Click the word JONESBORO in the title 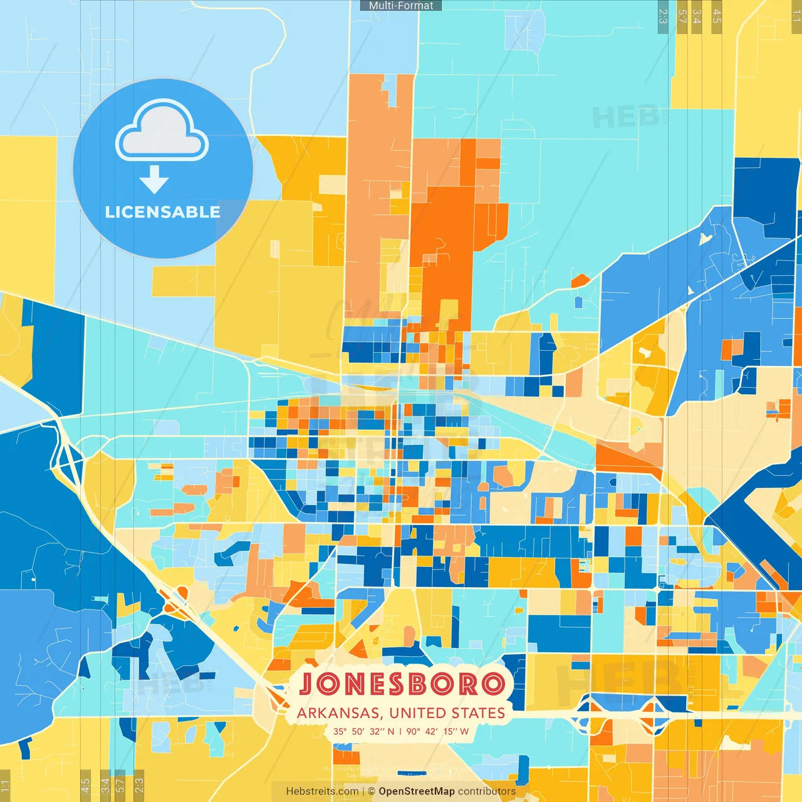[x=402, y=684]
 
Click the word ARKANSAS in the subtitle [x=338, y=713]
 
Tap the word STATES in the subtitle [x=480, y=713]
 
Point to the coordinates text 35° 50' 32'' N [x=363, y=731]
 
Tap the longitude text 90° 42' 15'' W [x=437, y=731]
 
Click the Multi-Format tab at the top [x=401, y=5]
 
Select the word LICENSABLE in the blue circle [x=162, y=212]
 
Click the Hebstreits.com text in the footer [x=322, y=791]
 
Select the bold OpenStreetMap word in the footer [x=416, y=791]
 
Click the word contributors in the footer [x=486, y=791]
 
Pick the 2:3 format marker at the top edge [x=663, y=16]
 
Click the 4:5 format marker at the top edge [x=717, y=16]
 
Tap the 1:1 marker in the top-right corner [x=796, y=16]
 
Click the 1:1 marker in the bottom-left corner [x=5, y=786]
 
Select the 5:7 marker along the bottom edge [x=120, y=784]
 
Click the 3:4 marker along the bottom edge [x=105, y=784]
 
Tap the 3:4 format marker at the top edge [x=697, y=16]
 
